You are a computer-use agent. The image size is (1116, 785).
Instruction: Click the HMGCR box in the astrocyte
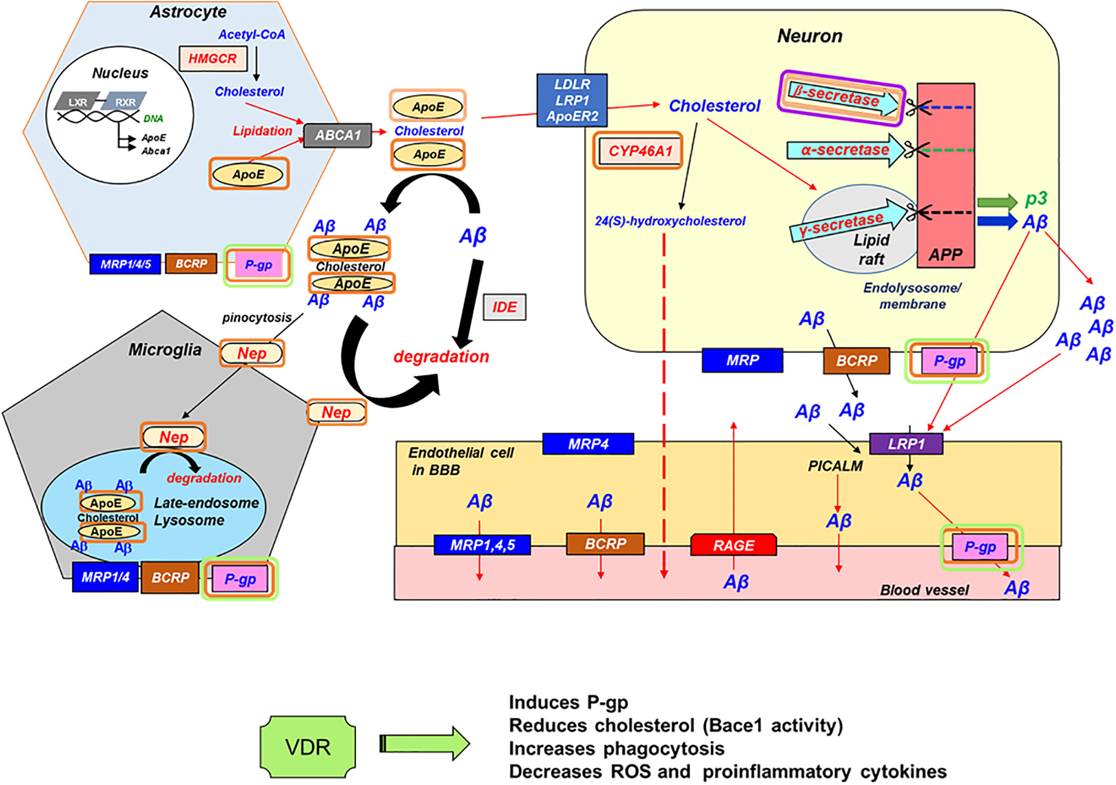click(212, 59)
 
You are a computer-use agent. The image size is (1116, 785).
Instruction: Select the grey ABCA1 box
click(338, 135)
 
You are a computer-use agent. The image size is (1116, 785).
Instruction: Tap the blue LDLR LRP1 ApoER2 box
click(572, 100)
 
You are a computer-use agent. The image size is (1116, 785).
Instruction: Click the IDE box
click(505, 307)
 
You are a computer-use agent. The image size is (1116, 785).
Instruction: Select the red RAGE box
click(733, 545)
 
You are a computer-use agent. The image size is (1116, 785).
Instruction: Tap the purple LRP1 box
click(906, 444)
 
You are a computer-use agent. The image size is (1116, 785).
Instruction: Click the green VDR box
click(308, 747)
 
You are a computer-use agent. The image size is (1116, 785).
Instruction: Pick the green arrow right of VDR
click(424, 744)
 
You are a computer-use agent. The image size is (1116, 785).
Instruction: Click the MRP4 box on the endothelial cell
click(588, 444)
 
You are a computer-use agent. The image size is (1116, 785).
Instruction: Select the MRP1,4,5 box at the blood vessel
click(482, 545)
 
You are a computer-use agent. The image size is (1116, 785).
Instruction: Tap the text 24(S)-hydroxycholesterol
click(670, 221)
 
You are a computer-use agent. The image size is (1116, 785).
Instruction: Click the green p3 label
click(1036, 199)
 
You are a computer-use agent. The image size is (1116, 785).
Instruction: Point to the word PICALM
click(835, 466)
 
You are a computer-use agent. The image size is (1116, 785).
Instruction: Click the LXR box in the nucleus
click(78, 102)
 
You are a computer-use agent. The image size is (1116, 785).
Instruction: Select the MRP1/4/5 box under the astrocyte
click(125, 264)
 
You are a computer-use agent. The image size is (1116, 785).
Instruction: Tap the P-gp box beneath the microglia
click(240, 579)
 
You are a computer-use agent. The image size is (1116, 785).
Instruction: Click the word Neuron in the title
click(809, 36)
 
